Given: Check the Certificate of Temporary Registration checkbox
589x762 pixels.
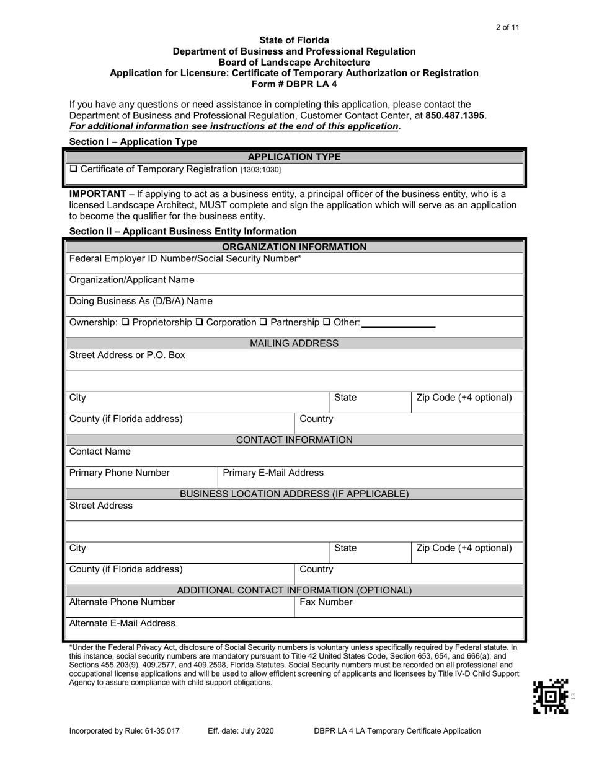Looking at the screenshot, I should [73, 169].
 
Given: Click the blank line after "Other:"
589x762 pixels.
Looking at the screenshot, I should [398, 323].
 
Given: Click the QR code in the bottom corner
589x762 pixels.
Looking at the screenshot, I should [550, 697].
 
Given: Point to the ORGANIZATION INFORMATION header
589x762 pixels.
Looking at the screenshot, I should [294, 247].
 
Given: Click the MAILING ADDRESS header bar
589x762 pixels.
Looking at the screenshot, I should [294, 343].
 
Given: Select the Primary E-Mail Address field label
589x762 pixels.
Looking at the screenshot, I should [273, 473].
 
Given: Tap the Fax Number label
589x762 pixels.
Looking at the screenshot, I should [326, 602].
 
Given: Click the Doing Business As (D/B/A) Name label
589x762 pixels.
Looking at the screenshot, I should [141, 301].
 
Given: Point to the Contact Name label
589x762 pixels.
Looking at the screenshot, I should [100, 452].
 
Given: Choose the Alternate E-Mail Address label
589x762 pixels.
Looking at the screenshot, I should [122, 623].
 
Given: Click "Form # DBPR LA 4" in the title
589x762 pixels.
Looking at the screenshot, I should [294, 84].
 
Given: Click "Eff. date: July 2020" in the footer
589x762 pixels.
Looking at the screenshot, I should [241, 730].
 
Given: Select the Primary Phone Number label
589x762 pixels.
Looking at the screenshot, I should [119, 473].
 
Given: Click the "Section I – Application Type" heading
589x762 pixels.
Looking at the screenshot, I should [133, 142].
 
